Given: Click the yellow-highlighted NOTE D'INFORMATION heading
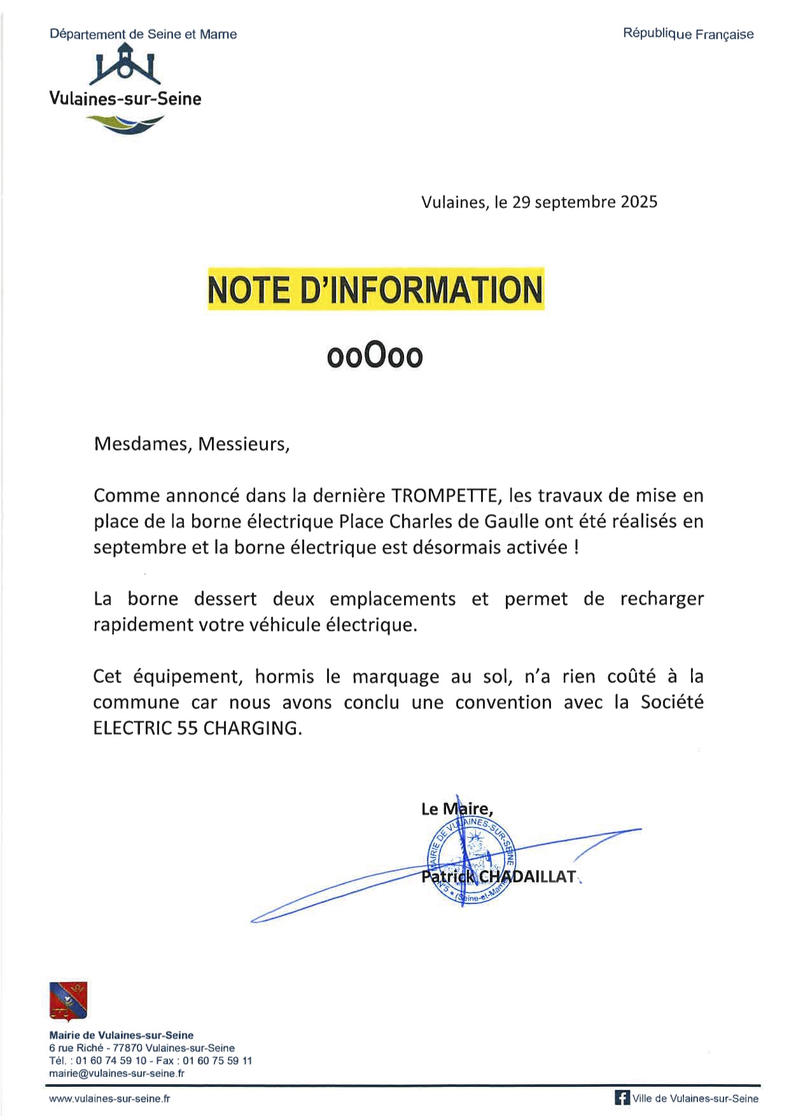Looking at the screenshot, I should [x=375, y=290].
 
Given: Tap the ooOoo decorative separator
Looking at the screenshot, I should [x=375, y=356].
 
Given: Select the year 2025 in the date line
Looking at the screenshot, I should [x=639, y=202].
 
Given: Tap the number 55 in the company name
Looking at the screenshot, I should [x=187, y=728].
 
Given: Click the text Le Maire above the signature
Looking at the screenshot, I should [x=456, y=809].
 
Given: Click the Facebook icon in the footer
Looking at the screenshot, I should [x=622, y=1098].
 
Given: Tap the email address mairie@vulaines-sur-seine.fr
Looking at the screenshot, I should [x=116, y=1073].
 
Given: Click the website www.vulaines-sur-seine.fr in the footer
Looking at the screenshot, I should [x=109, y=1098].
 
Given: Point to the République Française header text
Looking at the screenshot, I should [x=688, y=34].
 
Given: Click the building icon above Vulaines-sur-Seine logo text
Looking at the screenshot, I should [x=125, y=64].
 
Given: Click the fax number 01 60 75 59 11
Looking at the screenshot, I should [x=217, y=1061].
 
